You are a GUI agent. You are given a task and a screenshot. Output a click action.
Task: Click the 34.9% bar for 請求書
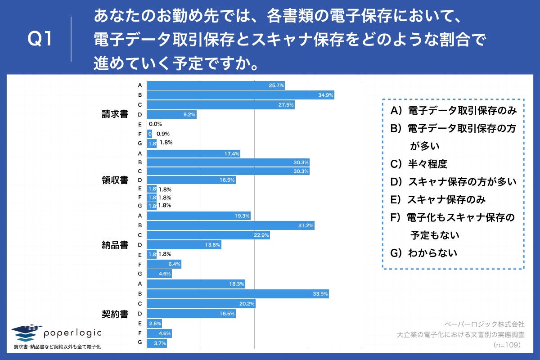pos(241,95)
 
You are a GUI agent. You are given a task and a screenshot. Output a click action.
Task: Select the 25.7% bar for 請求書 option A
pos(216,85)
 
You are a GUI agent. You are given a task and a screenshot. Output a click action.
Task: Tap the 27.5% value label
pos(286,105)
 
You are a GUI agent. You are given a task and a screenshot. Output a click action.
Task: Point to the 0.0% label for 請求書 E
pos(155,124)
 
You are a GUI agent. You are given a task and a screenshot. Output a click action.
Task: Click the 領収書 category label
pos(115,180)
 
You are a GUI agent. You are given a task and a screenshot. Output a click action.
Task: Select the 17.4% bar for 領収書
pos(194,154)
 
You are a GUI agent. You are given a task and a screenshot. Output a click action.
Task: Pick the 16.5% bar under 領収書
pos(192,180)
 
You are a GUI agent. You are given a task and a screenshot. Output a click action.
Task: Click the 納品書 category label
pos(115,245)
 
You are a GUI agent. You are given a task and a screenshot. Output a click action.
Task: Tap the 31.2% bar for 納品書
pos(231,225)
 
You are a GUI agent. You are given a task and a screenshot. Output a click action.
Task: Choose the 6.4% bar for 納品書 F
pos(164,264)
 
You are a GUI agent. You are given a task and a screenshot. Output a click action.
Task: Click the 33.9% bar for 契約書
pos(238,294)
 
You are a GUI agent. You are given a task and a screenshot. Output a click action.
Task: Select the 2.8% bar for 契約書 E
pos(154,324)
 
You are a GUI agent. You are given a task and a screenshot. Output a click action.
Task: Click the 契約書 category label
pos(115,314)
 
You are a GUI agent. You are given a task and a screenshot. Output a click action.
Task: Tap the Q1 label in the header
pos(40,40)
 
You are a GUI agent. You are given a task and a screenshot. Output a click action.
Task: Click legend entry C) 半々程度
pos(418,164)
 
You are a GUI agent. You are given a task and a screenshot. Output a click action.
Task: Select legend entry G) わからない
pos(423,253)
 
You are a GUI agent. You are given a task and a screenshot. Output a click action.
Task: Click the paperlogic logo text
pos(72,333)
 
